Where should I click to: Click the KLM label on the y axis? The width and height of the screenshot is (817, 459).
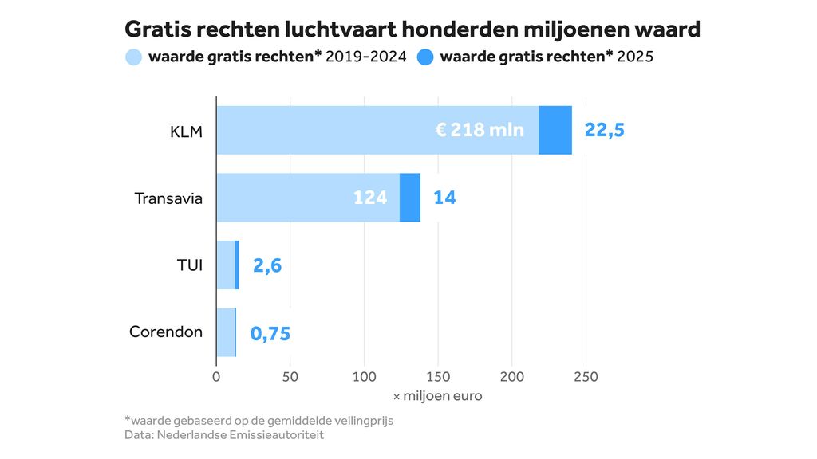[x=186, y=131]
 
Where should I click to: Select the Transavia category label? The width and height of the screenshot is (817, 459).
[x=168, y=198]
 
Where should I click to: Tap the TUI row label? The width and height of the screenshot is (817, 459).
[x=189, y=265]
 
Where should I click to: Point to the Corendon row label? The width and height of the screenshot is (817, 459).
[x=166, y=332]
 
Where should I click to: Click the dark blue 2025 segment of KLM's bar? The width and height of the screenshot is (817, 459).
[x=555, y=130]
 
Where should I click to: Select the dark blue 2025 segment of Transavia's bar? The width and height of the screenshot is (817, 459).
[x=410, y=198]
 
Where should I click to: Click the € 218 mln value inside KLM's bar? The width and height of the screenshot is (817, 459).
[x=480, y=130]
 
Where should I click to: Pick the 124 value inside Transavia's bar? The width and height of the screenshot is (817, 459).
[x=370, y=198]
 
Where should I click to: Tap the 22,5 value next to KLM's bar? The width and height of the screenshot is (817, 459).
[x=604, y=130]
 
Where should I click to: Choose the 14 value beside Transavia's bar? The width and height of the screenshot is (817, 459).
[x=444, y=198]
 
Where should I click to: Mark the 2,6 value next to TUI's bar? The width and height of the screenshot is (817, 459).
[x=267, y=265]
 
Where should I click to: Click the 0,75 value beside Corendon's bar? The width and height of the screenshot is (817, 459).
[x=270, y=333]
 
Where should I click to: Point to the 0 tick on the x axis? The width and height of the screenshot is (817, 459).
[x=216, y=376]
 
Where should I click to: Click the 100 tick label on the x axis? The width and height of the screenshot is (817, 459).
[x=364, y=376]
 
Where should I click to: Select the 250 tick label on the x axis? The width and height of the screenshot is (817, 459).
[x=586, y=376]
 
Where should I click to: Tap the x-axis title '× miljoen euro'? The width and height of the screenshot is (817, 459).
[x=437, y=396]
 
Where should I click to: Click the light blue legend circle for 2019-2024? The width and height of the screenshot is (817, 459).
[x=133, y=57]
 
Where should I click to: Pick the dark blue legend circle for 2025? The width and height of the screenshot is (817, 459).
[x=425, y=57]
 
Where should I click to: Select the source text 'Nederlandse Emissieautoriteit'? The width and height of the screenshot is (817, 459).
[x=240, y=435]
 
